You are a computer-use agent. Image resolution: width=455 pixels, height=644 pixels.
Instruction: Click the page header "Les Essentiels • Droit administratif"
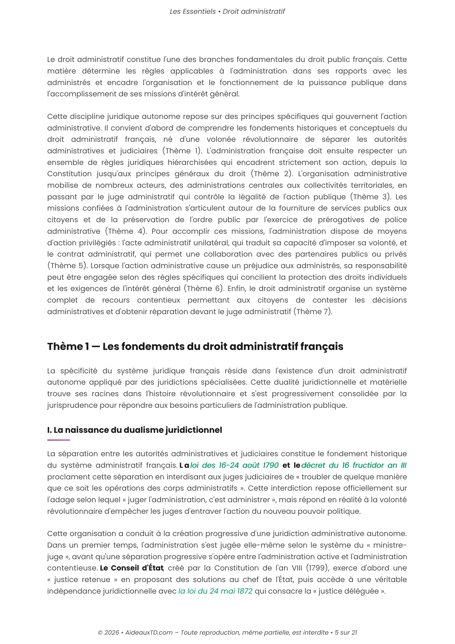pos(227,12)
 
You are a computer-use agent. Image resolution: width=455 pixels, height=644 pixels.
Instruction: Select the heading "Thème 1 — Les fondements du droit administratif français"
pos(195,346)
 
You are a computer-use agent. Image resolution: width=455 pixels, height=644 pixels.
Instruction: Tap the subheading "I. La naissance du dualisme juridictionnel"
pos(135,430)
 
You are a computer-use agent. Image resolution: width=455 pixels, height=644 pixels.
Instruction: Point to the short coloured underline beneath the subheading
pos(59,440)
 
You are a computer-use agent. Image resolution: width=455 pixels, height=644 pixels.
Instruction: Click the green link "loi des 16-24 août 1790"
pos(234,465)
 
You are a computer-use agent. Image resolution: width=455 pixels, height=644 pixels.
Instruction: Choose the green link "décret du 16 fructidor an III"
pos(354,465)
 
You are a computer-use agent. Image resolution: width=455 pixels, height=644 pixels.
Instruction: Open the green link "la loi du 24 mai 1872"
pos(215,591)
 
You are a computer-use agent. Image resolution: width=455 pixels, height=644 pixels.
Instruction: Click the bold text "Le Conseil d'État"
pos(132,568)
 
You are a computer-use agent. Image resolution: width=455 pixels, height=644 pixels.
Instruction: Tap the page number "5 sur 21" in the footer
pos(346,632)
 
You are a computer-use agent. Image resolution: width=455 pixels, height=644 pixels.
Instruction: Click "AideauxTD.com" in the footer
pos(149,632)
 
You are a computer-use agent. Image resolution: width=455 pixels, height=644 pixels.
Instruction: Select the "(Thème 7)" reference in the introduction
pos(313,312)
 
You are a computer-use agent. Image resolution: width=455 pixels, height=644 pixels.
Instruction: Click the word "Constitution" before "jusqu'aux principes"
pos(69,174)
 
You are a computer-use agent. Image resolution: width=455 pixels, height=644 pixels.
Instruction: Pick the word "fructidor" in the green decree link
pos(368,465)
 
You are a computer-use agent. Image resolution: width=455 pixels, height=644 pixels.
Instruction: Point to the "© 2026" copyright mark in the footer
pos(108,632)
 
